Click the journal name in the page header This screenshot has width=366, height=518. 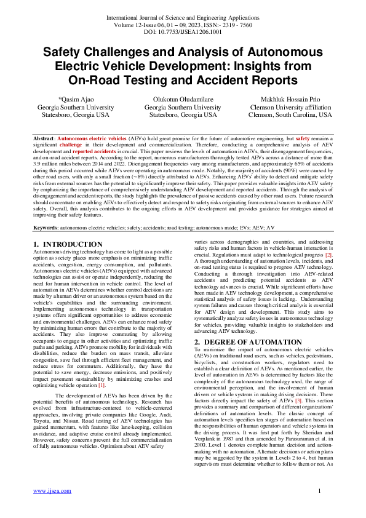(x=183, y=18)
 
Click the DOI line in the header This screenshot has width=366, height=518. (x=183, y=33)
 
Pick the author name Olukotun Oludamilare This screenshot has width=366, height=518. (x=183, y=99)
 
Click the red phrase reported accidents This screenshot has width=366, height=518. (x=93, y=151)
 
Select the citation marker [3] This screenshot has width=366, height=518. (x=298, y=383)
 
